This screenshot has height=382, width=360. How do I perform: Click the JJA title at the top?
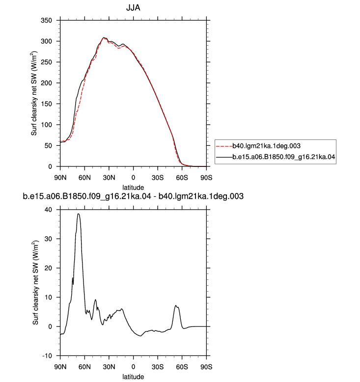point(133,8)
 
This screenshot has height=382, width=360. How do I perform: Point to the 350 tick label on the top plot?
point(47,21)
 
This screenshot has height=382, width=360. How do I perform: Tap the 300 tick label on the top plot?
point(47,41)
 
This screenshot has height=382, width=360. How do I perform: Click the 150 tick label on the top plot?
point(47,104)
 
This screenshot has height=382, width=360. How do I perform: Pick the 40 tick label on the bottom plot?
point(48,210)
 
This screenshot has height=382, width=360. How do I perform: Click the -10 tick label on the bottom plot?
point(47,356)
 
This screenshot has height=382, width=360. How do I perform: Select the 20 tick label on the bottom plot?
point(48,268)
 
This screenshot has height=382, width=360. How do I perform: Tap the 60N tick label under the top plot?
point(84,178)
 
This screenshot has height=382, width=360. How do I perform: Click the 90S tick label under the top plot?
point(206,178)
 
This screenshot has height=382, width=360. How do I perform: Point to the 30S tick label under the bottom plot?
point(158,367)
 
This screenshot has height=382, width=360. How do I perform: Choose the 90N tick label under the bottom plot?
point(60,367)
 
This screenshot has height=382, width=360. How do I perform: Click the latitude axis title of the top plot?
point(133,188)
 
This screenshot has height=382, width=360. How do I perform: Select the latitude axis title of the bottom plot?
point(133,377)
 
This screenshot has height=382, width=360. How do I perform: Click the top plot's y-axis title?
point(34,93)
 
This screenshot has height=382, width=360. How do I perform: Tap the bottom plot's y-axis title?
point(35,283)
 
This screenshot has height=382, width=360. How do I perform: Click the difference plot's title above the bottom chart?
point(133,196)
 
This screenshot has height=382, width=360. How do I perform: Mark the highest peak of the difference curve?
point(78,214)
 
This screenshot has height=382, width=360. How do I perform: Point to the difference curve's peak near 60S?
point(176,305)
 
